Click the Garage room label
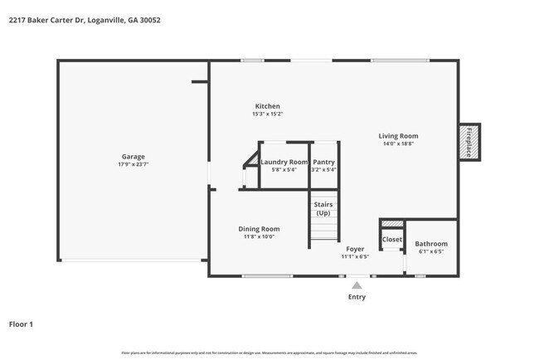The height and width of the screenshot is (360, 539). click(134, 156)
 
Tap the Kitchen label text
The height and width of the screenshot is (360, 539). click(267, 106)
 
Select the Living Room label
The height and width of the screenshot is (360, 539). click(398, 136)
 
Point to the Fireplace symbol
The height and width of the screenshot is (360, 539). click(469, 142)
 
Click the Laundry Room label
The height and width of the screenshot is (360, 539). click(284, 162)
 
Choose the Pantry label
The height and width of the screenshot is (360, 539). click(323, 162)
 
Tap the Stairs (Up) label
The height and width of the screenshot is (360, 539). click(323, 208)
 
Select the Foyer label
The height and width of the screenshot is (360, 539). click(355, 248)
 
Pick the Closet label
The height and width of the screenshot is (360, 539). click(391, 240)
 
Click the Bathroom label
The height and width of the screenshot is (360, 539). click(431, 244)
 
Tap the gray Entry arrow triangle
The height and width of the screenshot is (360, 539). click(357, 285)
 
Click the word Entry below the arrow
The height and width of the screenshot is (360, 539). click(357, 297)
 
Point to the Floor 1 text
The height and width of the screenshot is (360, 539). click(22, 324)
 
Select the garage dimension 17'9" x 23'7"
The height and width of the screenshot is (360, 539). click(134, 164)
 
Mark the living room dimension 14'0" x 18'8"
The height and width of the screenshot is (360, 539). click(398, 144)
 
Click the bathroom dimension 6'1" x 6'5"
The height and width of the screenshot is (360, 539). click(431, 251)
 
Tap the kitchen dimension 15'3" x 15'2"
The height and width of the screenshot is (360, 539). click(267, 114)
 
